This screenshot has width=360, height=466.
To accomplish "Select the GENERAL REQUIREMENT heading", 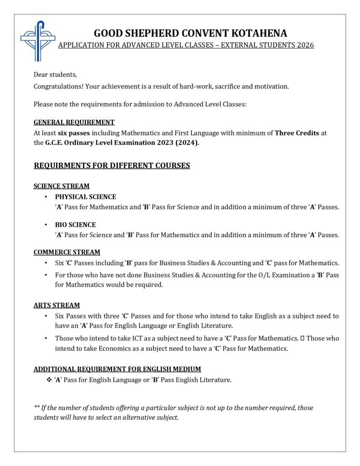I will [74, 122].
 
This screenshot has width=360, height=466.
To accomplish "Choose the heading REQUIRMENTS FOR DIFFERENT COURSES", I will [112, 166].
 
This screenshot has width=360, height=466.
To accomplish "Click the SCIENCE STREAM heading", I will [61, 186].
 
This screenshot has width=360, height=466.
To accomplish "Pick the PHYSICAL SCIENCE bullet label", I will [86, 197].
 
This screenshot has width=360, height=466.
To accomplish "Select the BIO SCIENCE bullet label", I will [76, 224].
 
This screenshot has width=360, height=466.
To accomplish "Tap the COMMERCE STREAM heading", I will [67, 252].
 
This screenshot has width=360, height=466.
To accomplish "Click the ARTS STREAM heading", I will [57, 305].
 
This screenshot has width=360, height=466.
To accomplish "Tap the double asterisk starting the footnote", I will [36, 408].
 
